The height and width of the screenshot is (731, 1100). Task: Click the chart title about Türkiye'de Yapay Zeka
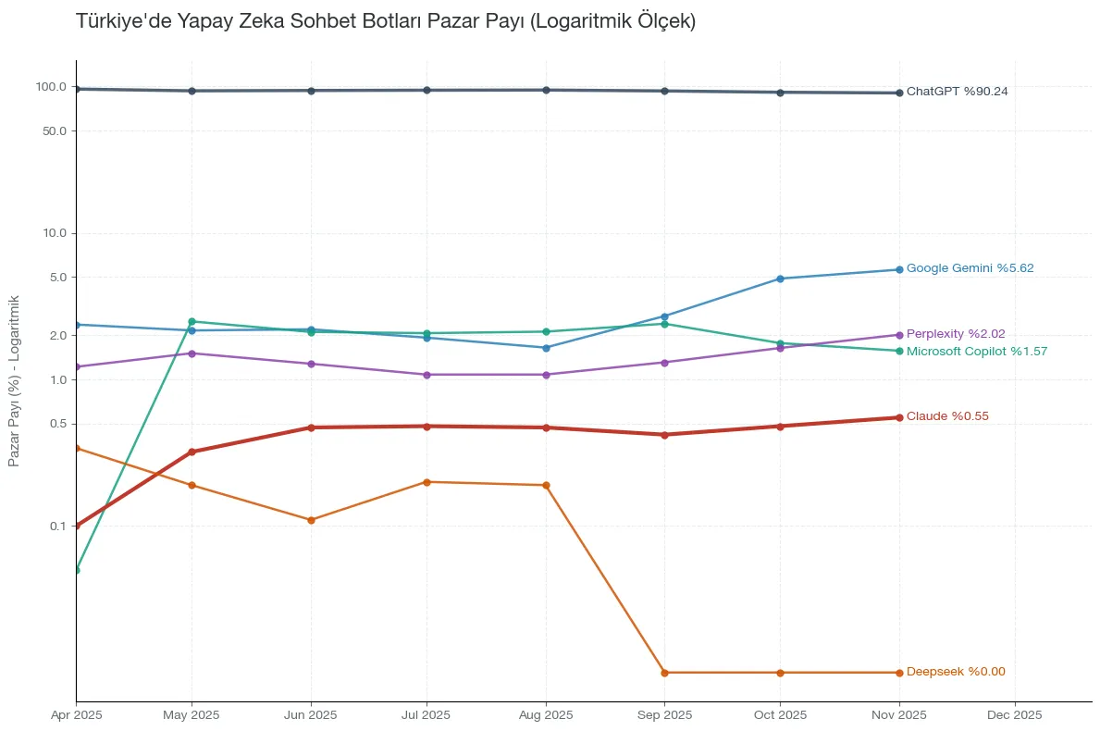(385, 21)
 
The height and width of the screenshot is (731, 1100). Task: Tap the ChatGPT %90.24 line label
(957, 92)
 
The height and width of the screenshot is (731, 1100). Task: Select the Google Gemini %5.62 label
(970, 268)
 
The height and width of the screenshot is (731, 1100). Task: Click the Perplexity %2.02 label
(955, 334)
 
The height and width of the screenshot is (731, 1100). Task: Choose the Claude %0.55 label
(946, 416)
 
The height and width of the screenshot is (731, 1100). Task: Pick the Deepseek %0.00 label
(955, 672)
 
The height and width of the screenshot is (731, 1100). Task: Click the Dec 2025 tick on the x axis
(1015, 715)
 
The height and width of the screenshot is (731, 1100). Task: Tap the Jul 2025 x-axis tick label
(426, 715)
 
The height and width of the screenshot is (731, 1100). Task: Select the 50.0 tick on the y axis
(56, 131)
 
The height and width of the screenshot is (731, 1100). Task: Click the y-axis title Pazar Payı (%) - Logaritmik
(14, 381)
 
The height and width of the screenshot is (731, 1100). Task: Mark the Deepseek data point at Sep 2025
(664, 673)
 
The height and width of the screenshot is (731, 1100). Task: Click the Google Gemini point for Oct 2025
(780, 279)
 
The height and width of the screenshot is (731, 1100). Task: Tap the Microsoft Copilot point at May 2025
(192, 322)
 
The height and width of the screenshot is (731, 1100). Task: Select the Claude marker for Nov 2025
(899, 417)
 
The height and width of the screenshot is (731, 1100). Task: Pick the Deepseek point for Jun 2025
(311, 520)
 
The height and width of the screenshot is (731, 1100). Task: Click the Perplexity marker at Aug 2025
(546, 375)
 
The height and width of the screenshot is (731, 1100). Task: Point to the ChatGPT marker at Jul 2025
(426, 91)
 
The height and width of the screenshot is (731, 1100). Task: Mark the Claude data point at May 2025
(192, 452)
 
